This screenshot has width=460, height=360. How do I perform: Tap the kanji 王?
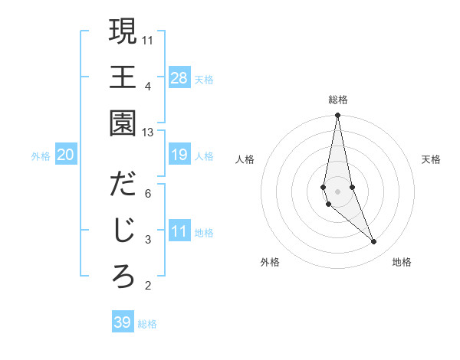click(123, 77)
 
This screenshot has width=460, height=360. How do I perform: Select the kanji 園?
click(123, 123)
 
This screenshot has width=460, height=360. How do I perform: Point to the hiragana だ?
click(123, 185)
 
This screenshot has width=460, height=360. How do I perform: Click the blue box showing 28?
click(179, 78)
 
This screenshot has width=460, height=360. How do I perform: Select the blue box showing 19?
click(179, 155)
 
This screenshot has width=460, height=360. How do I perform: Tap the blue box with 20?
click(65, 155)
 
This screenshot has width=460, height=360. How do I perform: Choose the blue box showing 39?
click(123, 322)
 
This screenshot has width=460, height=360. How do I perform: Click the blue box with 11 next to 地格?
click(179, 232)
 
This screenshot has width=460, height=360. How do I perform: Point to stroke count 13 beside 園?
click(148, 133)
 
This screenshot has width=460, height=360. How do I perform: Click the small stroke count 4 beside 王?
click(148, 86)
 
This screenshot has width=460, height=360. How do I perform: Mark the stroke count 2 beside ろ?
click(148, 286)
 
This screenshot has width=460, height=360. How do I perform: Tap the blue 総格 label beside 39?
click(147, 324)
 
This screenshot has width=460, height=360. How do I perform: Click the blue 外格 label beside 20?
click(41, 156)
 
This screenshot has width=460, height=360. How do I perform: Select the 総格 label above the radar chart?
click(338, 100)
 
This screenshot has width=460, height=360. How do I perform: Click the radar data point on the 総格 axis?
click(337, 116)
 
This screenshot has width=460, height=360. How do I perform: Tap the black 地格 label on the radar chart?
click(402, 262)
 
